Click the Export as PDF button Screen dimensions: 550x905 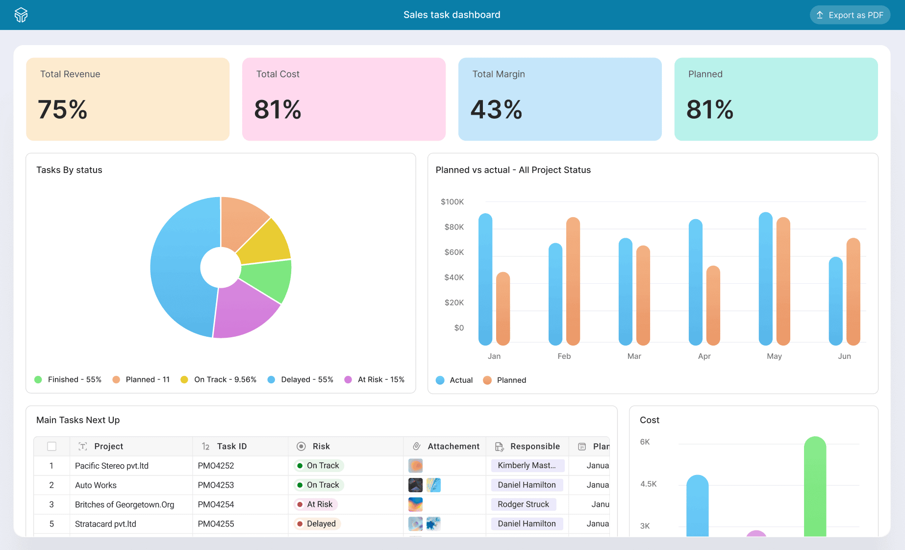850,15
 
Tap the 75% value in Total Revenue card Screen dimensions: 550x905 63,109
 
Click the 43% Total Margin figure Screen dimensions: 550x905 496,109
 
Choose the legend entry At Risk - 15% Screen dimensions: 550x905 375,379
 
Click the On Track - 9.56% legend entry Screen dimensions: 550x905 219,379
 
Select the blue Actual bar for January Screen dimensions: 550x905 485,279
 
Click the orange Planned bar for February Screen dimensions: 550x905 573,281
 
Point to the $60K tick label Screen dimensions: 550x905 454,252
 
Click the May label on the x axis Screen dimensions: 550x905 774,356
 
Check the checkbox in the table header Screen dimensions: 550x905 51,446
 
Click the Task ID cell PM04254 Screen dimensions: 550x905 216,504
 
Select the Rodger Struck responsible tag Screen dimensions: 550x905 523,504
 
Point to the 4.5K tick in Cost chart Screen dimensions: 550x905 649,484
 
